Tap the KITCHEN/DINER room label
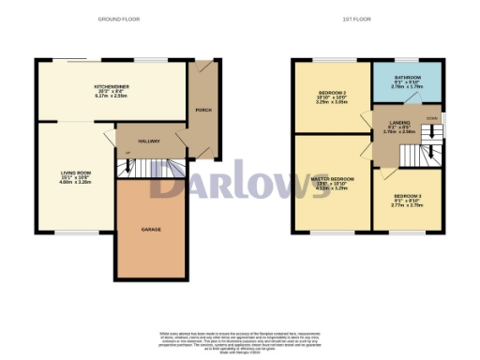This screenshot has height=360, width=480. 104,85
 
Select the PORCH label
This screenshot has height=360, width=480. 200,104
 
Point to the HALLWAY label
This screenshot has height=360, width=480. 148,141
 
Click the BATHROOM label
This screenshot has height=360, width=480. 407,77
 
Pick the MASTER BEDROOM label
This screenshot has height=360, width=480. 331,178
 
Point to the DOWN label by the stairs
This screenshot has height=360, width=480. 430,119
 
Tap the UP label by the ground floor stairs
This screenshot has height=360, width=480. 127,151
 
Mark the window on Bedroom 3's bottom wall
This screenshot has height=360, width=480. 407,232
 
